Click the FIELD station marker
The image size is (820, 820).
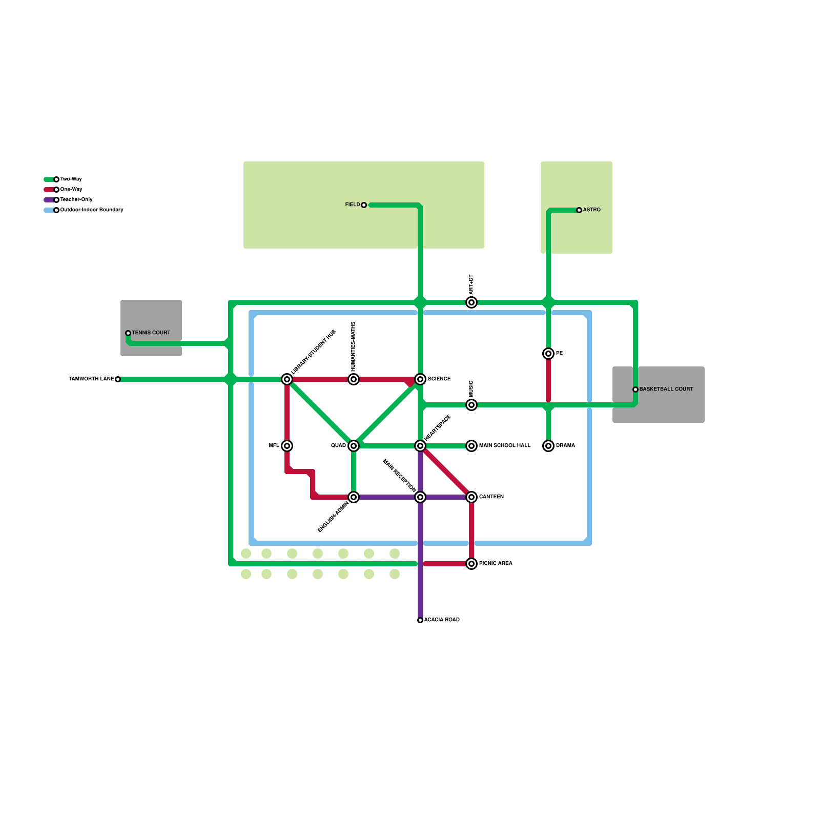click(x=364, y=205)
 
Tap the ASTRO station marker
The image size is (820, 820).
click(x=579, y=210)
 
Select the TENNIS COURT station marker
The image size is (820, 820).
click(x=128, y=333)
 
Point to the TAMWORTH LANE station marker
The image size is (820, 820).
click(x=118, y=379)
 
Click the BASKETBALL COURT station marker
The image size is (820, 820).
click(x=635, y=389)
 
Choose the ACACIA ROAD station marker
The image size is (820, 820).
click(x=420, y=620)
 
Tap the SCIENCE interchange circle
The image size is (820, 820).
click(x=420, y=379)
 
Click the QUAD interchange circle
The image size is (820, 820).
click(x=354, y=446)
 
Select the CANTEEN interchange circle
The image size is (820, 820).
click(x=471, y=497)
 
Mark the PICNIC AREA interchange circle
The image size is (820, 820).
click(x=471, y=564)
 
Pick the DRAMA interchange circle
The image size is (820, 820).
click(x=548, y=446)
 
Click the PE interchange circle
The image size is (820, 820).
click(x=548, y=354)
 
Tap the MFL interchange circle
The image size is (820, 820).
click(x=287, y=446)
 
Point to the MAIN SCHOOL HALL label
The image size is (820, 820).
click(x=505, y=446)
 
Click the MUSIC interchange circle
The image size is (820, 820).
click(x=471, y=405)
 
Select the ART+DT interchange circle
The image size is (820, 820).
click(x=471, y=302)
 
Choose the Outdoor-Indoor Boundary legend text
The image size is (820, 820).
click(x=92, y=210)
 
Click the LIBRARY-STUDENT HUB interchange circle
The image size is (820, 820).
click(x=287, y=379)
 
